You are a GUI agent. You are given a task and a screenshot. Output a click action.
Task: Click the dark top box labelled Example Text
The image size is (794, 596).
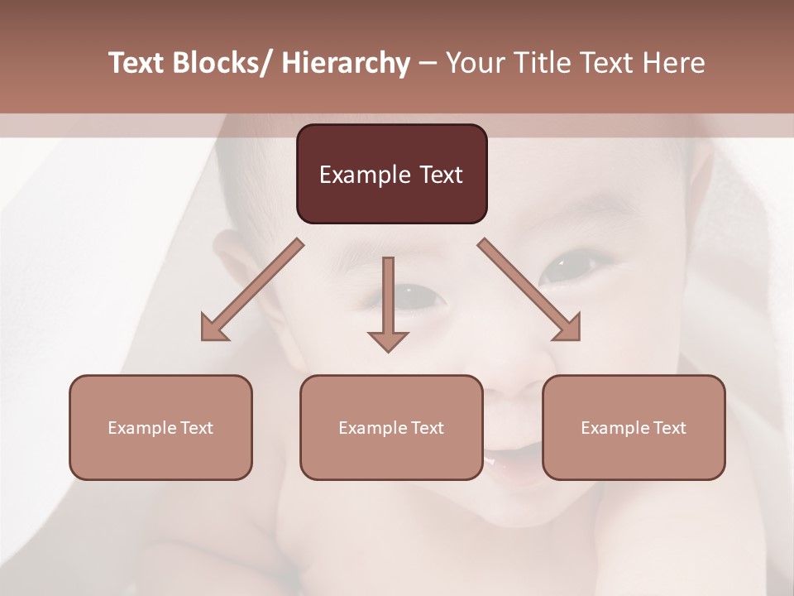[391, 174]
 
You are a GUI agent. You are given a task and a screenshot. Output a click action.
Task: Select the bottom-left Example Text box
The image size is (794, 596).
[160, 427]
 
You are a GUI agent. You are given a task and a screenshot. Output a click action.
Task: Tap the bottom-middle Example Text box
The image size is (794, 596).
[391, 427]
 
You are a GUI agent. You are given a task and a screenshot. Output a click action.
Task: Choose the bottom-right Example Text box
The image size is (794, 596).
[634, 427]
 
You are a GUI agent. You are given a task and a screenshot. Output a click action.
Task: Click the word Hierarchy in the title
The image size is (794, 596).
[346, 63]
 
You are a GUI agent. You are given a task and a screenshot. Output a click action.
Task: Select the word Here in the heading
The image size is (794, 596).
[675, 63]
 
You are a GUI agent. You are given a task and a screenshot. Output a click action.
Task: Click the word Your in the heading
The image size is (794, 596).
[474, 63]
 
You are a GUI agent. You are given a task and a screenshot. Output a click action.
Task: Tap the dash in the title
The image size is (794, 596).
[427, 63]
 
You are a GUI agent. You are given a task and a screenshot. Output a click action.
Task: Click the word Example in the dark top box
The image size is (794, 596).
[354, 175]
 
